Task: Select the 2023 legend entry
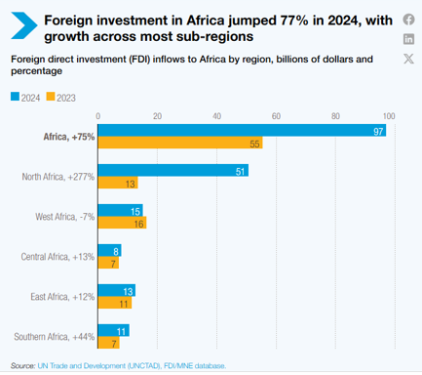click(x=62, y=97)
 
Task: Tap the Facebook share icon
click(x=408, y=19)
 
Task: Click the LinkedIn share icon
click(x=408, y=39)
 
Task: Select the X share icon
click(x=408, y=60)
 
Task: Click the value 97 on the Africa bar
click(x=376, y=131)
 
